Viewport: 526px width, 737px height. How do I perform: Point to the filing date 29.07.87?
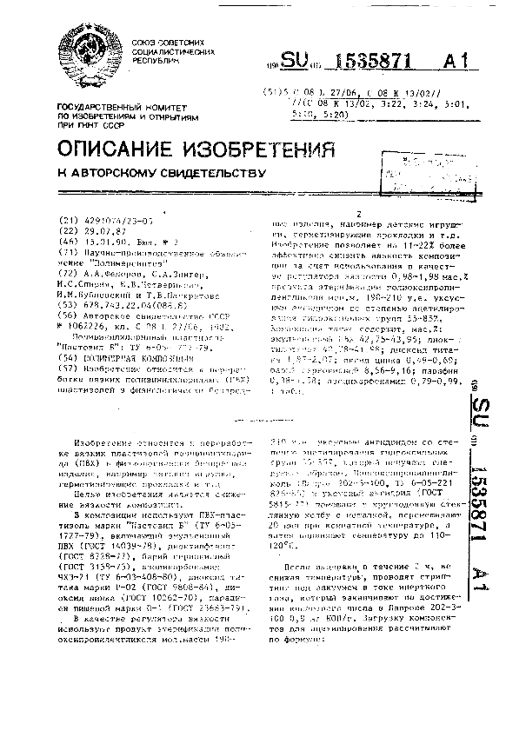(x=100, y=230)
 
